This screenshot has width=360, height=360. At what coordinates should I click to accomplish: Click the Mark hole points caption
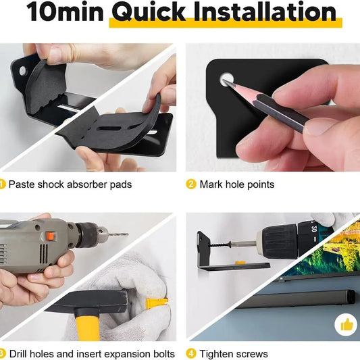[237, 184]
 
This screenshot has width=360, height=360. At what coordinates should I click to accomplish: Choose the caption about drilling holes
[93, 354]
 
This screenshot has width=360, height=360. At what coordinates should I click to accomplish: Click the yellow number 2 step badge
[190, 184]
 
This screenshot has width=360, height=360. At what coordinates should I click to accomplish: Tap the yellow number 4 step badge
[190, 354]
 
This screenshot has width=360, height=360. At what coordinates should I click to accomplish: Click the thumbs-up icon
[346, 326]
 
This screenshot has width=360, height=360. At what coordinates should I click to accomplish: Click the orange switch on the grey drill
[49, 237]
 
